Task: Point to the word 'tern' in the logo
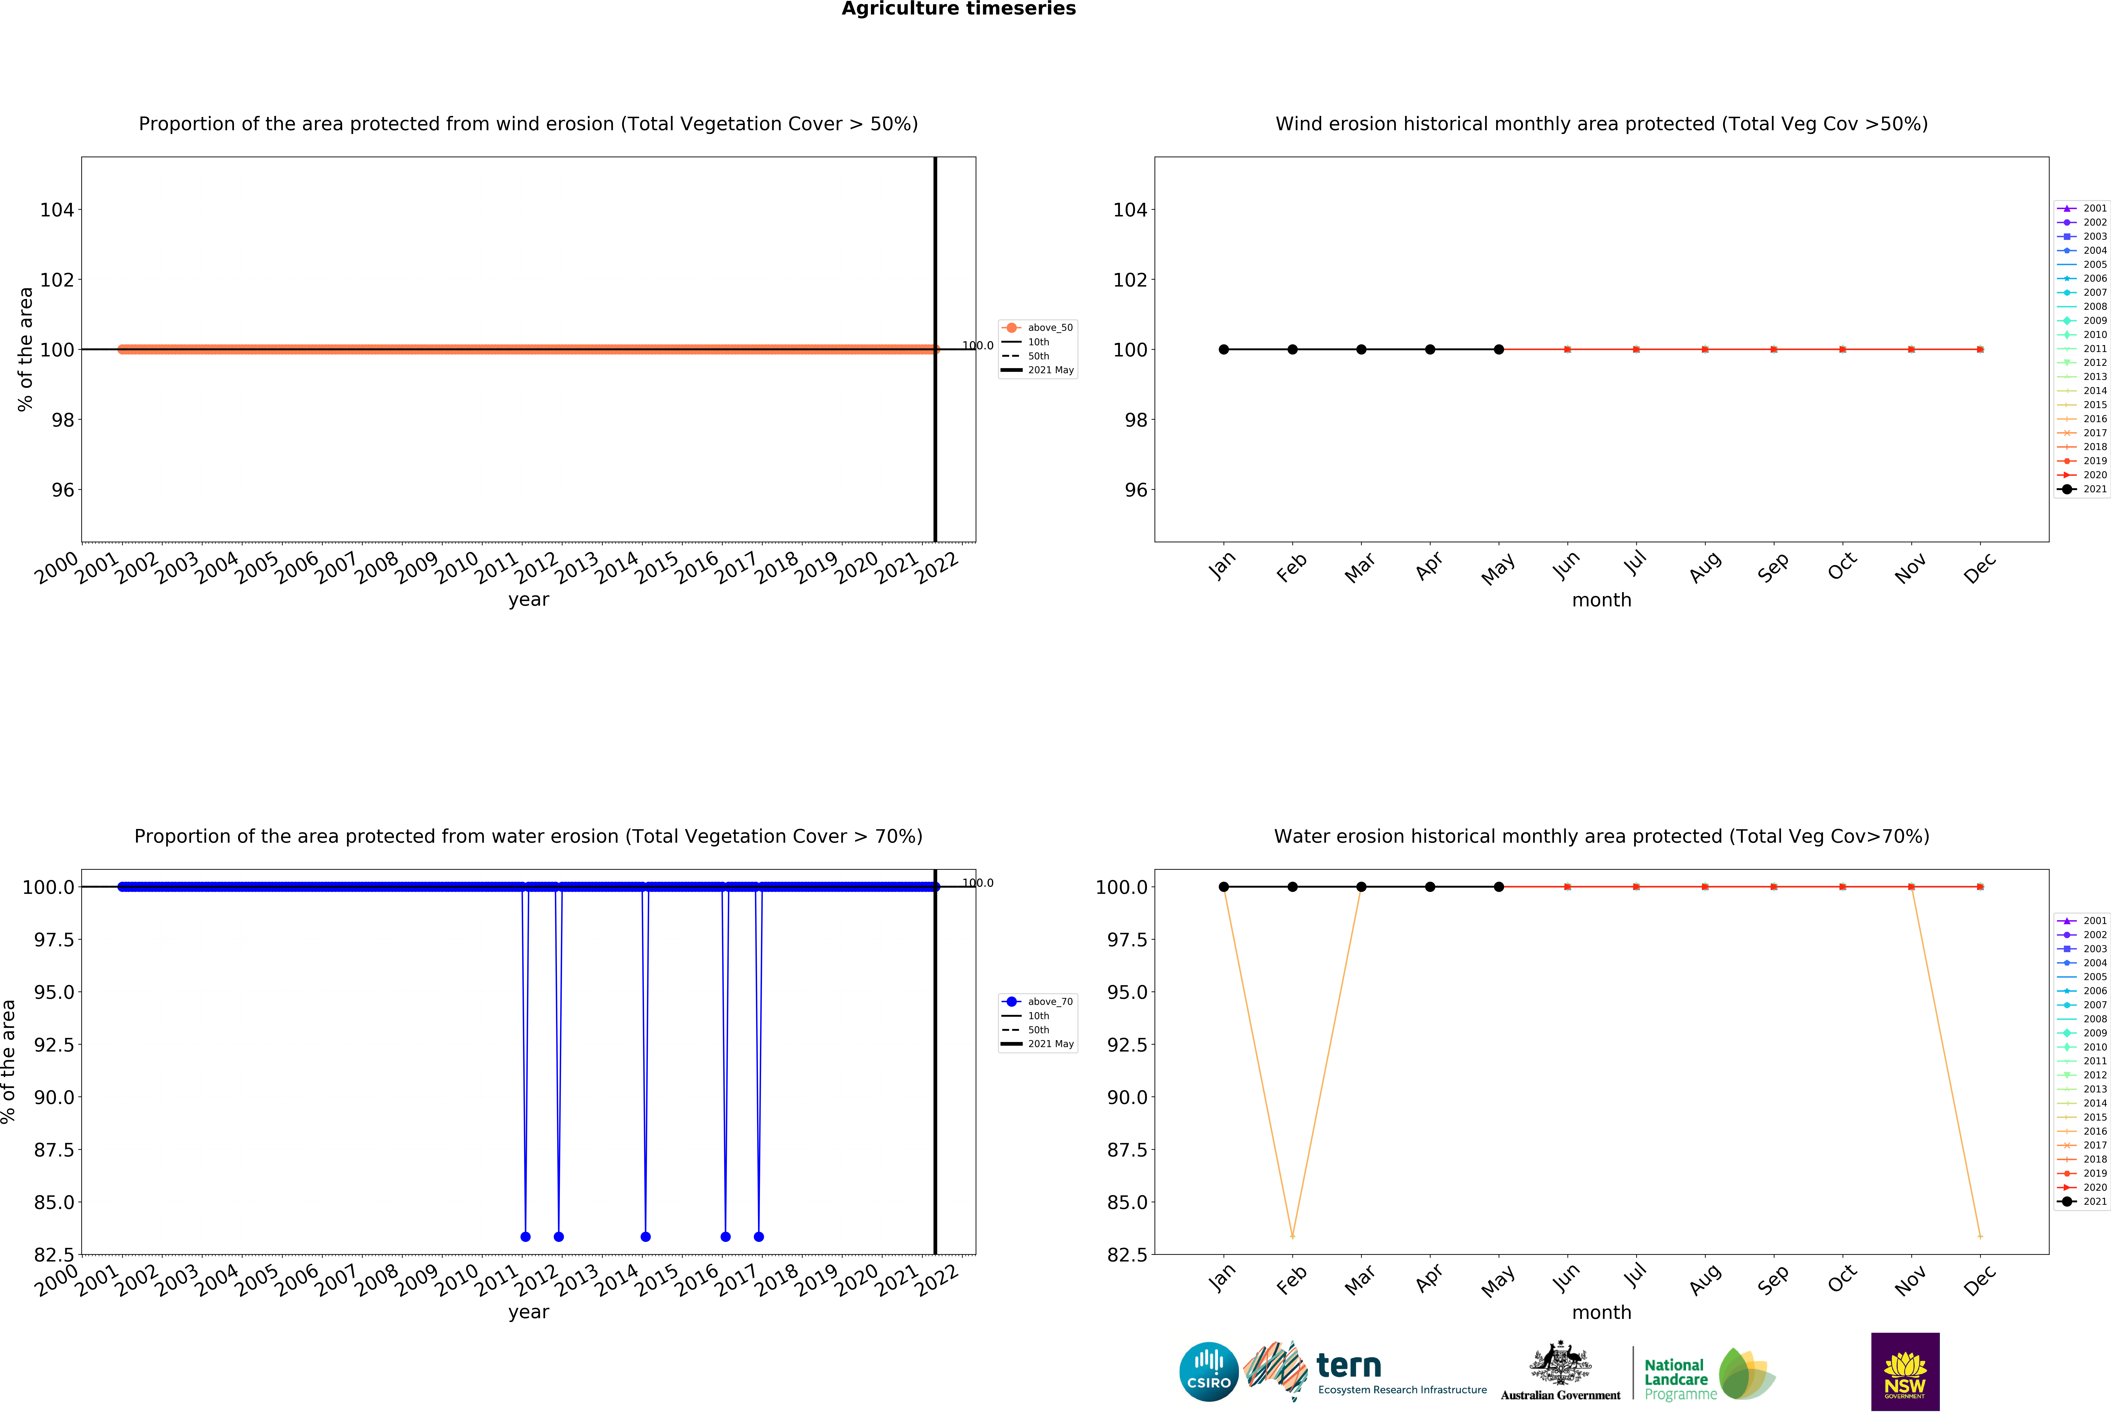[x=1349, y=1365]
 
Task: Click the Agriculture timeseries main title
[x=958, y=9]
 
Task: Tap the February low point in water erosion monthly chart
[x=1293, y=1236]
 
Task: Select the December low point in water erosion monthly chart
[x=1980, y=1236]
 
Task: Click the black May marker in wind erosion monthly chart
[x=1499, y=350]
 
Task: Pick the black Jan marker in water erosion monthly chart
[x=1224, y=886]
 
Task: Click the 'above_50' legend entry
[x=1049, y=328]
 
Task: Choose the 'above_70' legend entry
[x=1049, y=1002]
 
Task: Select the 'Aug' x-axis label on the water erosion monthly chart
[x=1705, y=1279]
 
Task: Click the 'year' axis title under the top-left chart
[x=529, y=599]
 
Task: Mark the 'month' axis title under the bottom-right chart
[x=1601, y=1313]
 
